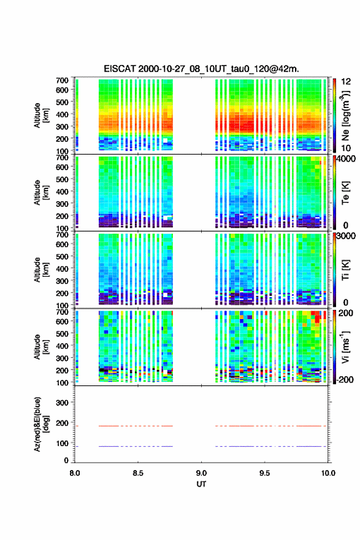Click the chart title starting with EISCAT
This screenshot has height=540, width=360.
pyautogui.click(x=201, y=69)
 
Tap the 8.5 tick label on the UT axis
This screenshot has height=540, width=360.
pyautogui.click(x=138, y=473)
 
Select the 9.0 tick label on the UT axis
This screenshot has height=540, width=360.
pyautogui.click(x=201, y=473)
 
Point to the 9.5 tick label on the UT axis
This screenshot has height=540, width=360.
pyautogui.click(x=265, y=473)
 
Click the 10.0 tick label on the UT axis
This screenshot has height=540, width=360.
pyautogui.click(x=328, y=473)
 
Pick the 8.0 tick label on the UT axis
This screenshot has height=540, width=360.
pyautogui.click(x=75, y=473)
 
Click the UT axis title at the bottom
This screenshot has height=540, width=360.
pyautogui.click(x=201, y=484)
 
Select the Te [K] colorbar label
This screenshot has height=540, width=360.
pyautogui.click(x=345, y=193)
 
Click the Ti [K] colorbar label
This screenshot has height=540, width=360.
pyautogui.click(x=345, y=270)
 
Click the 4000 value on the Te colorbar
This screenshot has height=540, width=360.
pyautogui.click(x=346, y=159)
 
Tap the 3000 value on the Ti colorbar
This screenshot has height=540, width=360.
pyautogui.click(x=346, y=236)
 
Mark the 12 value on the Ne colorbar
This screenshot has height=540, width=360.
pyautogui.click(x=346, y=82)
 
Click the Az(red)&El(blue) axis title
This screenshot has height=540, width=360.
pyautogui.click(x=41, y=424)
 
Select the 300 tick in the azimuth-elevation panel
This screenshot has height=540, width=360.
pyautogui.click(x=63, y=403)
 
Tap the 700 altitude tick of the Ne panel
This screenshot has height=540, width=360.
pyautogui.click(x=63, y=80)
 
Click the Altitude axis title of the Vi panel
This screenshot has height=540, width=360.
pyautogui.click(x=41, y=347)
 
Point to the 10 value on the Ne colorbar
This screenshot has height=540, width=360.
pyautogui.click(x=346, y=148)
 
